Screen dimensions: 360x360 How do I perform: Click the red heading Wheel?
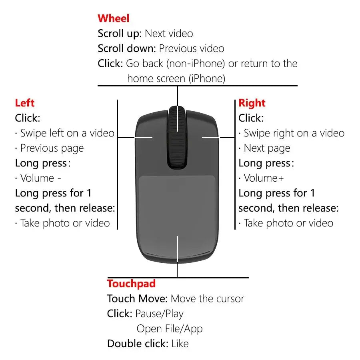114,18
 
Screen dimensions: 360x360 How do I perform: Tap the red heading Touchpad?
131,284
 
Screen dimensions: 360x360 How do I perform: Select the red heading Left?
25,103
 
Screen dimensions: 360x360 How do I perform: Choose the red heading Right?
252,103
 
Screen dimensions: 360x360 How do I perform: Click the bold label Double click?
138,344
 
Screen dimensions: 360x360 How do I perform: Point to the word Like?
180,344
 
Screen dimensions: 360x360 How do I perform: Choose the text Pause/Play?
159,314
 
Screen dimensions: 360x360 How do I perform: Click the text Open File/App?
170,329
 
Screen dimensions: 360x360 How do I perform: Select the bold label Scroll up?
120,34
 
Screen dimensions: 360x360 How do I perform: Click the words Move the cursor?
207,299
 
